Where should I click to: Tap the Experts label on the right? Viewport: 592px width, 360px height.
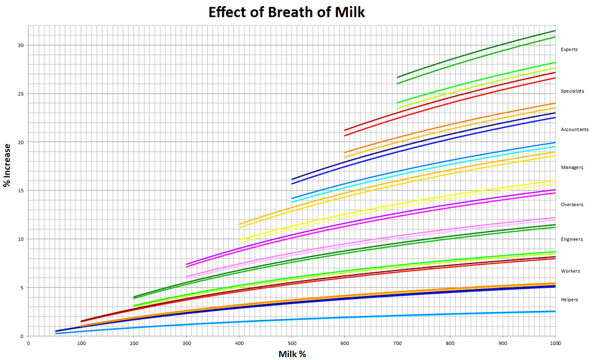[569, 50]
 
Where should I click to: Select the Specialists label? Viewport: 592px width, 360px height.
[572, 91]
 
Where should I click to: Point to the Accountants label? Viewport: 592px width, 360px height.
[574, 129]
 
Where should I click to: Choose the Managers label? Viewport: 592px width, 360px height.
[571, 168]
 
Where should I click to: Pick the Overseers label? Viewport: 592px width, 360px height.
[572, 205]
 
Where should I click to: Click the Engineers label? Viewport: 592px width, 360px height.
[572, 239]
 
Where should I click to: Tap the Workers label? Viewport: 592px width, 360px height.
[570, 271]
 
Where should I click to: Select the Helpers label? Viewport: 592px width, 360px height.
[569, 300]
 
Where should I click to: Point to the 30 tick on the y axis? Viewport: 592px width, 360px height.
[20, 46]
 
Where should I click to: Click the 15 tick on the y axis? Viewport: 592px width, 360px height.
[20, 191]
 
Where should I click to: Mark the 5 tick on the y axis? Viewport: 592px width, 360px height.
[22, 288]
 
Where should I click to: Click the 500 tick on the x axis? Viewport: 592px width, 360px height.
[291, 342]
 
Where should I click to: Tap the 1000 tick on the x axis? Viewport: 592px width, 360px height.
[555, 342]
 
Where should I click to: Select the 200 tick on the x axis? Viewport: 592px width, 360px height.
[133, 342]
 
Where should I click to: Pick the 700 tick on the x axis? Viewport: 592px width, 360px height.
[397, 342]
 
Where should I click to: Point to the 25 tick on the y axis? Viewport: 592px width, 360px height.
[20, 94]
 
